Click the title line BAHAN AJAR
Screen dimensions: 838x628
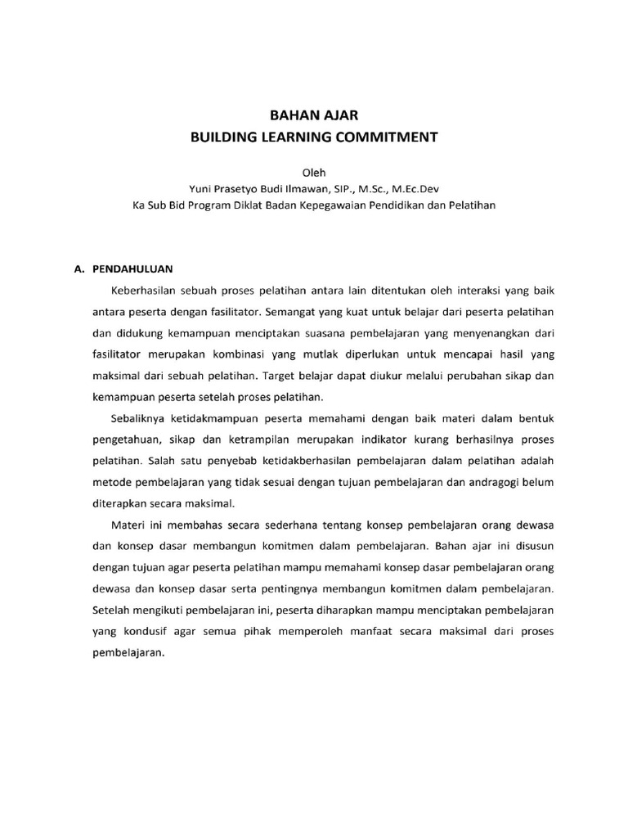(314, 116)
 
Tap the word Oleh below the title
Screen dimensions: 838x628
(314, 173)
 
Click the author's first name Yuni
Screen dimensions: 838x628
(201, 189)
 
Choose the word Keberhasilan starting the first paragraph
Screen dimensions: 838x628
(144, 290)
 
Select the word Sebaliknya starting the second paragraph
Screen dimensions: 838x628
(140, 419)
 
